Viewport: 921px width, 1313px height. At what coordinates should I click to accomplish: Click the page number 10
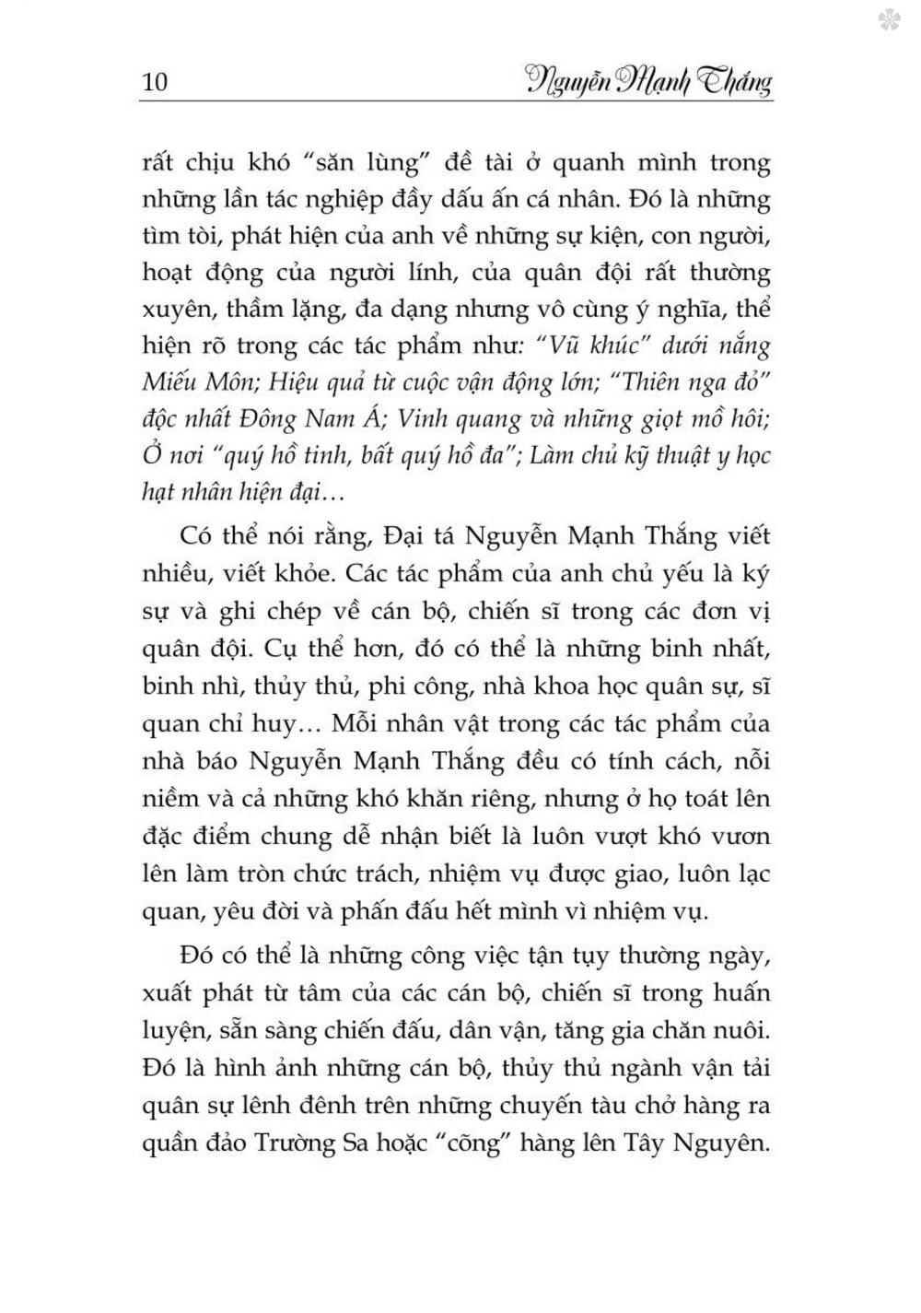coord(156,83)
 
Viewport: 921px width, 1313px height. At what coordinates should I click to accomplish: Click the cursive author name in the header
coord(648,81)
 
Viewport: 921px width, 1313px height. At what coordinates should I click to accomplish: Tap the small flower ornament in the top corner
coord(891,19)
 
